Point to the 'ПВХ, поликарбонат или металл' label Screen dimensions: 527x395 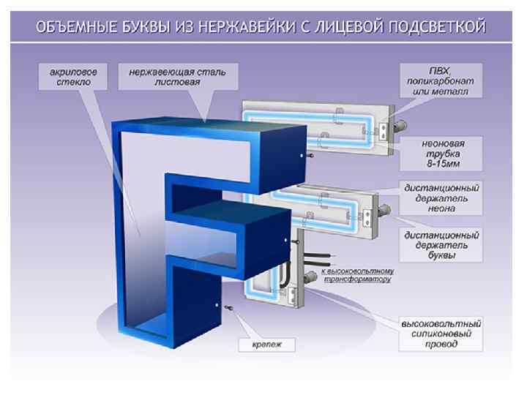pyautogui.click(x=440, y=80)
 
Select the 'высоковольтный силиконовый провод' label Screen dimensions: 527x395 pyautogui.click(x=440, y=333)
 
